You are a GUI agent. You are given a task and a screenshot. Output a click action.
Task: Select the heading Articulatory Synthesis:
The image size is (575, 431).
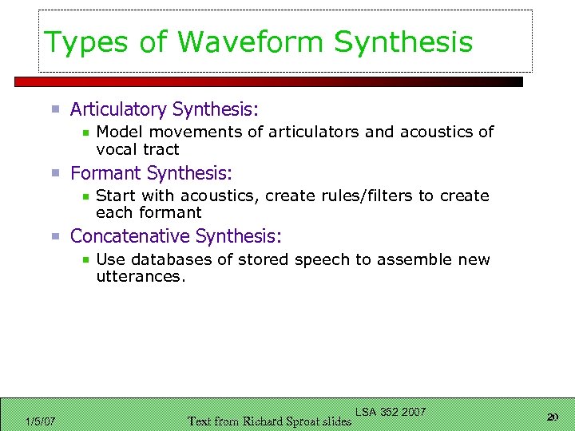(x=165, y=109)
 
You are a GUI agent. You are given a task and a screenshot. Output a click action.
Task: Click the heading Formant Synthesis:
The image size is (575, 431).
(x=151, y=173)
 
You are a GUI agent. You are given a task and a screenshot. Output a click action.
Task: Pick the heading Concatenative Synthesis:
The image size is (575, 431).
(x=176, y=236)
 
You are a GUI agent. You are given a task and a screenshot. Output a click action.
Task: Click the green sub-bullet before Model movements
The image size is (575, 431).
(x=85, y=132)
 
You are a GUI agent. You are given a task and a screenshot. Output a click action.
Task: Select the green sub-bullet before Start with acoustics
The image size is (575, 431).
(x=85, y=196)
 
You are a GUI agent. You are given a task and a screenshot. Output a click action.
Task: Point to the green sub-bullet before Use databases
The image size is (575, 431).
(x=85, y=260)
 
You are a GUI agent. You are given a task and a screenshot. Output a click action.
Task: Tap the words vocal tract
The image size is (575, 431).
(x=137, y=149)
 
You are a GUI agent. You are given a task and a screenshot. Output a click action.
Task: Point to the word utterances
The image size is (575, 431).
(x=140, y=277)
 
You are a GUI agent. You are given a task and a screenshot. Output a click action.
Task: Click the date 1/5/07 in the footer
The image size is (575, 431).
(x=40, y=421)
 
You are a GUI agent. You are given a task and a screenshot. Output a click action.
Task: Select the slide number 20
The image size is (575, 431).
(x=552, y=417)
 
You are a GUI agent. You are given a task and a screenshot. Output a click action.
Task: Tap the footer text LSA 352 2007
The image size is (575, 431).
(x=391, y=412)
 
